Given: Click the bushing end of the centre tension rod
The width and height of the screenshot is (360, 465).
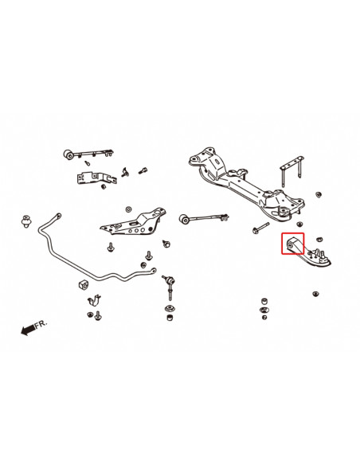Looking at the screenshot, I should (x=184, y=217).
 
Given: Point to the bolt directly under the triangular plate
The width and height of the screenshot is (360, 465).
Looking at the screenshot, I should (x=148, y=256).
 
